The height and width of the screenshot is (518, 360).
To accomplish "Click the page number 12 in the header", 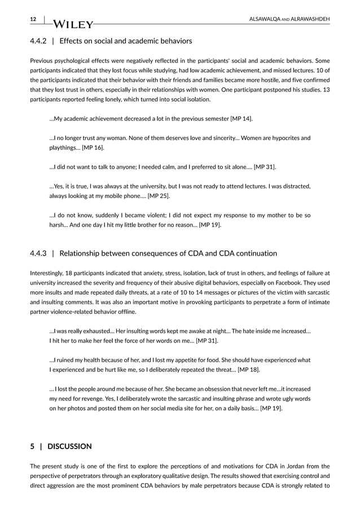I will pos(33,19).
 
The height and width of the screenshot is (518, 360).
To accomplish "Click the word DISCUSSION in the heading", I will pos(69,446).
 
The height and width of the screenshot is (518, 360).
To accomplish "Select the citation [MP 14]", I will pos(241,118).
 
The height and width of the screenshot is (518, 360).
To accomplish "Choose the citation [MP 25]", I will pos(159,196).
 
